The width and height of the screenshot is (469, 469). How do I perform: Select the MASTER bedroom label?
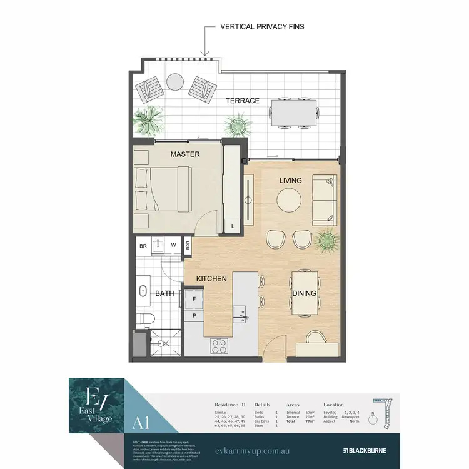click(185, 154)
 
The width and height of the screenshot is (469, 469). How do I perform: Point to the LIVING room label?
click(290, 181)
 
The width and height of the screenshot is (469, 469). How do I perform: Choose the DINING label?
click(303, 293)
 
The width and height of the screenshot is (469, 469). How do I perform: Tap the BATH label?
click(164, 293)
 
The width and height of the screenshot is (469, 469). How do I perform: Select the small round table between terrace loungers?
click(174, 81)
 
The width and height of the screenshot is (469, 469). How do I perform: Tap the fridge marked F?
click(194, 299)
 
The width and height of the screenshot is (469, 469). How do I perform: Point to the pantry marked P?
click(194, 316)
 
